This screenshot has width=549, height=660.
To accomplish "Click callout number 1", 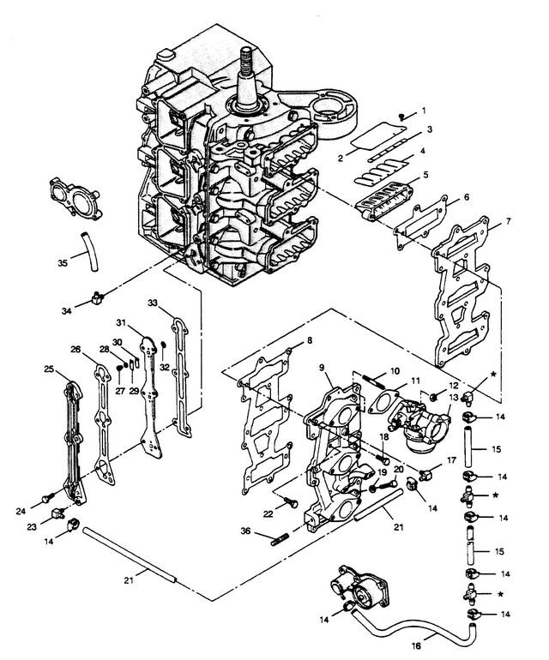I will pos(422,112).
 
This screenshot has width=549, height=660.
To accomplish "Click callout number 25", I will pos(48,369).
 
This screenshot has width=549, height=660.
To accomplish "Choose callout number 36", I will pos(271,531).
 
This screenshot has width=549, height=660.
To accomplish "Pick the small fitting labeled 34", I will pos(95,299).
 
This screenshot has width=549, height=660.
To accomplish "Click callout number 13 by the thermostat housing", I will pos(454,400).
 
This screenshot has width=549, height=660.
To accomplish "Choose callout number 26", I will pos(75,350).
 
